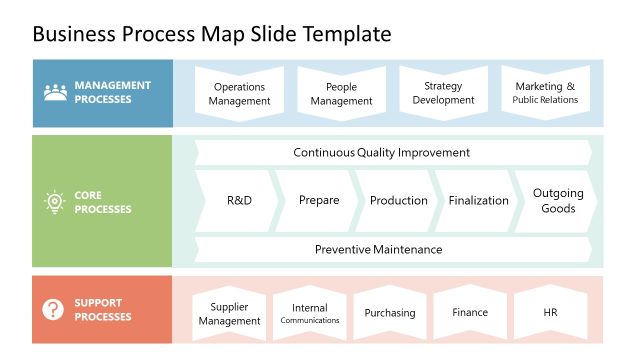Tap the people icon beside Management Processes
pyautogui.click(x=55, y=93)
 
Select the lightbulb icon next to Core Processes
pyautogui.click(x=54, y=202)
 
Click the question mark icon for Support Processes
pyautogui.click(x=53, y=310)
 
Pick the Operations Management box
pyautogui.click(x=239, y=93)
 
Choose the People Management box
pyautogui.click(x=341, y=93)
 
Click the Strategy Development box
pyautogui.click(x=443, y=93)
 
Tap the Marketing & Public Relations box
pyautogui.click(x=545, y=93)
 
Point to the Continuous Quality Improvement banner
pyautogui.click(x=381, y=153)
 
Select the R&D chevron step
pyautogui.click(x=238, y=200)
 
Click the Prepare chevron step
pyautogui.click(x=318, y=200)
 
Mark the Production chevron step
pyautogui.click(x=398, y=200)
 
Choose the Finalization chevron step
pyautogui.click(x=478, y=200)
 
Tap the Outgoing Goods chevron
pyautogui.click(x=557, y=201)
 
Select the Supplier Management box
pyautogui.click(x=229, y=314)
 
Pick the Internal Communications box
pyautogui.click(x=309, y=314)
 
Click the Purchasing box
pyautogui.click(x=389, y=313)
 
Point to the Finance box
pyautogui.click(x=469, y=313)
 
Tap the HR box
pyautogui.click(x=549, y=313)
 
